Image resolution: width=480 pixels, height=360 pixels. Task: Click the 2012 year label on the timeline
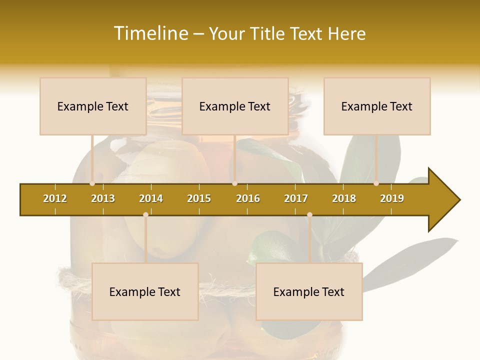55,198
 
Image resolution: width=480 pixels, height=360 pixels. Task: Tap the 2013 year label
103,198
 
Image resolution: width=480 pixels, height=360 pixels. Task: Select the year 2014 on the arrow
151,198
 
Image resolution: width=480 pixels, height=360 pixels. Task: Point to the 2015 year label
199,198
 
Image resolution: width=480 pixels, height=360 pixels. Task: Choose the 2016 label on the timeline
248,198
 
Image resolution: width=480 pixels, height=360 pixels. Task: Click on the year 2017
296,198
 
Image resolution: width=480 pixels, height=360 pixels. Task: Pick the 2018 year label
344,198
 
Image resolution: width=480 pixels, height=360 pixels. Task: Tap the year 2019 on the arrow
392,198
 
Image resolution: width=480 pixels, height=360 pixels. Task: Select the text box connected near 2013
93,106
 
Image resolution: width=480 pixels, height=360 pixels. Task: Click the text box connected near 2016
235,106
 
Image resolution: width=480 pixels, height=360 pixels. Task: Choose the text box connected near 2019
377,106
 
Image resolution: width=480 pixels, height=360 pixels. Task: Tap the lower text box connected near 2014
145,291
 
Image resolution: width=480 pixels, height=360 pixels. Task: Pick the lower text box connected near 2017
309,291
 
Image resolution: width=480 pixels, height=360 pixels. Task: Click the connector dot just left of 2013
92,183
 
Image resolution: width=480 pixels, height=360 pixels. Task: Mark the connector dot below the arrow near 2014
145,214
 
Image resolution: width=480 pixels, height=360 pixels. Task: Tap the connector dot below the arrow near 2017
309,214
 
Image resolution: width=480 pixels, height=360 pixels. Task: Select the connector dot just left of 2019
376,183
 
